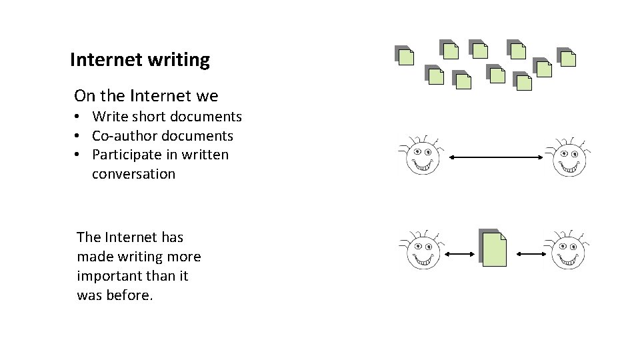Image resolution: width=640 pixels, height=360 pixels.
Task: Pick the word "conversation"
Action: point(133,174)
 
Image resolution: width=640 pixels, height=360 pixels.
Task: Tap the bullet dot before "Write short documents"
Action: point(78,117)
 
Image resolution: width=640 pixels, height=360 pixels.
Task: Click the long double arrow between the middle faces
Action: point(497,157)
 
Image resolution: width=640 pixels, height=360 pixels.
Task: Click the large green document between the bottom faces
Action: point(493,249)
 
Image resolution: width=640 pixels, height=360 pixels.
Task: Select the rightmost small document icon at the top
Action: point(567,58)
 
